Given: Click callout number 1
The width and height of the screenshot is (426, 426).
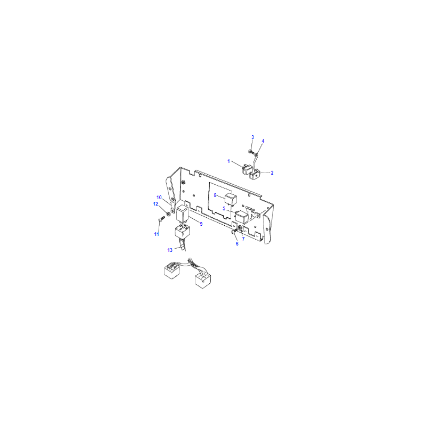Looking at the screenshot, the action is coord(228,161).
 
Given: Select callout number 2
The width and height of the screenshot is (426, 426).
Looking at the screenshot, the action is coord(272,173).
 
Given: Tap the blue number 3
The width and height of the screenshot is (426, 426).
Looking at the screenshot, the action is coord(252,137).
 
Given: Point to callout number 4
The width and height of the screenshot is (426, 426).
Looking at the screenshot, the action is coord(263,141).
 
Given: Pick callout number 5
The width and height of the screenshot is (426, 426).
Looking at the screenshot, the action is coord(224,209).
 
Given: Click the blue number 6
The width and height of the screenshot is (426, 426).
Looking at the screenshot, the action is coord(237,244).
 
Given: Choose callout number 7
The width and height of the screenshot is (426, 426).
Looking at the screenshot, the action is coord(243,239).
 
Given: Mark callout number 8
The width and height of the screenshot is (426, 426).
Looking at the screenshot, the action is coord(215,195).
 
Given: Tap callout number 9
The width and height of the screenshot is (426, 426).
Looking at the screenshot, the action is coord(201,224).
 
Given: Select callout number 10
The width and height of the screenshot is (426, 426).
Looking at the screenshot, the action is coord(159,198).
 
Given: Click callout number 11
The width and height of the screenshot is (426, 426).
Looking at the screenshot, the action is coord(157,234).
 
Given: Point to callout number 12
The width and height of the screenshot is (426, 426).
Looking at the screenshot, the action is coord(155,204).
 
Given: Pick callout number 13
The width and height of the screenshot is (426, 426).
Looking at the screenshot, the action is coord(170,250).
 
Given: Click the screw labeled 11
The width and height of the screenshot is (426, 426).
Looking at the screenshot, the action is coord(161,219).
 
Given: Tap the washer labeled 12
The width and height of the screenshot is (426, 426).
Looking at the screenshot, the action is coord(168,214).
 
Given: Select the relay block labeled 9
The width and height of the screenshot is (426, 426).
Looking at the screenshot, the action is coord(182,214).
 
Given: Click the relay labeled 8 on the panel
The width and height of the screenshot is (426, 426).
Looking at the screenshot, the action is coord(231,199).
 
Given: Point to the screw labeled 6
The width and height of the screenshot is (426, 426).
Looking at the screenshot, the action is coord(234,231).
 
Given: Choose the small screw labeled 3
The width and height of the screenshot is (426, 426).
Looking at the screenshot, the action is coord(250,151).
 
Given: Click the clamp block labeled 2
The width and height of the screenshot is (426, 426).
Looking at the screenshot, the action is coord(256,175).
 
